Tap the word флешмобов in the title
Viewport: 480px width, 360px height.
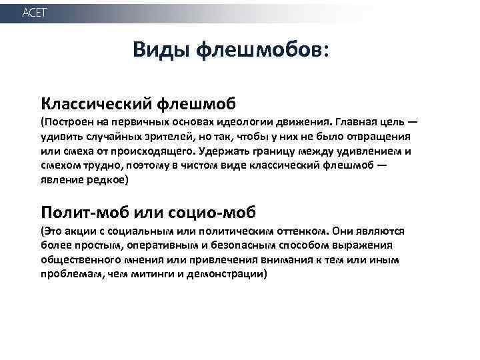[261, 49]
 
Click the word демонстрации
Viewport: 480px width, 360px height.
[223, 275]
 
